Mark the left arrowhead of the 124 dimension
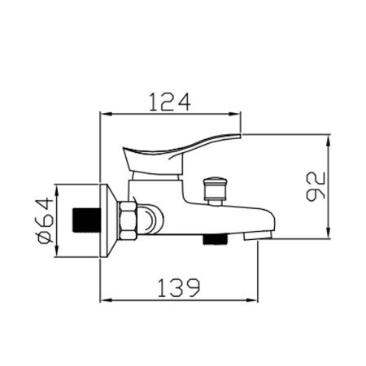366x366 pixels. coord(102,114)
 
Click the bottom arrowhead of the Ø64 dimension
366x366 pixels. coord(57,256)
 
